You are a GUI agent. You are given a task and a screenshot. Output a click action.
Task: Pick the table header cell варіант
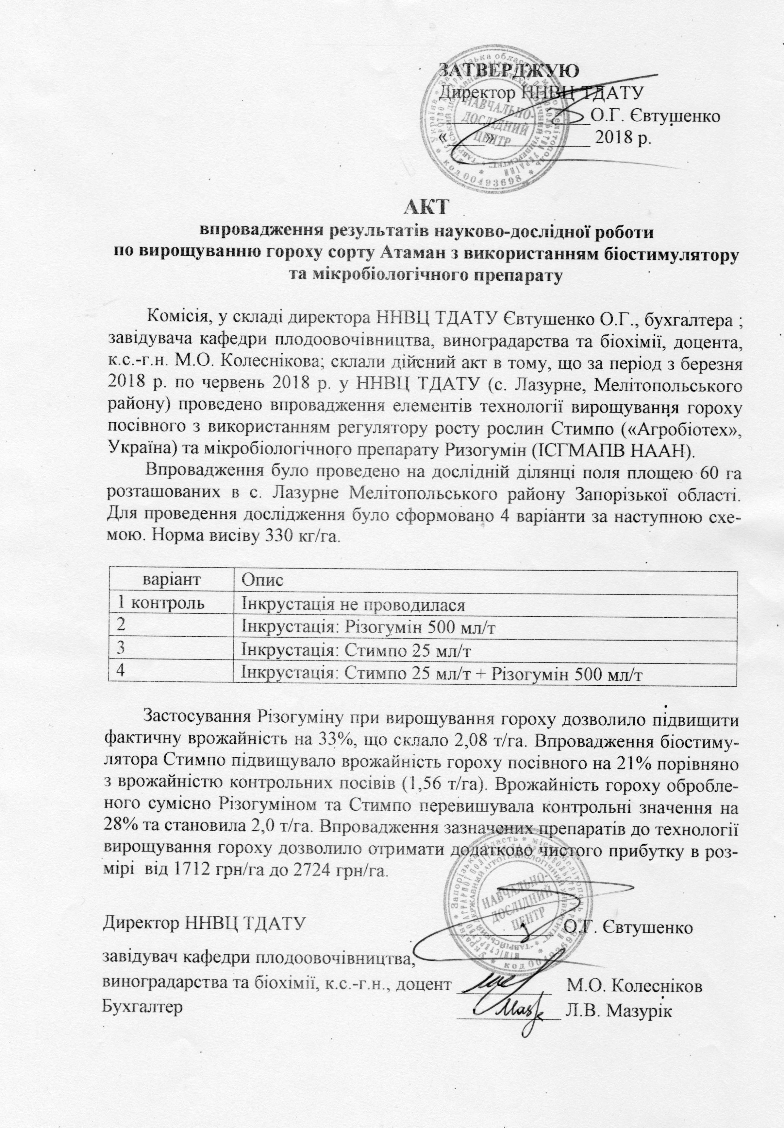pyautogui.click(x=171, y=580)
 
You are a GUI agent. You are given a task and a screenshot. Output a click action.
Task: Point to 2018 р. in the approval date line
pyautogui.click(x=622, y=139)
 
